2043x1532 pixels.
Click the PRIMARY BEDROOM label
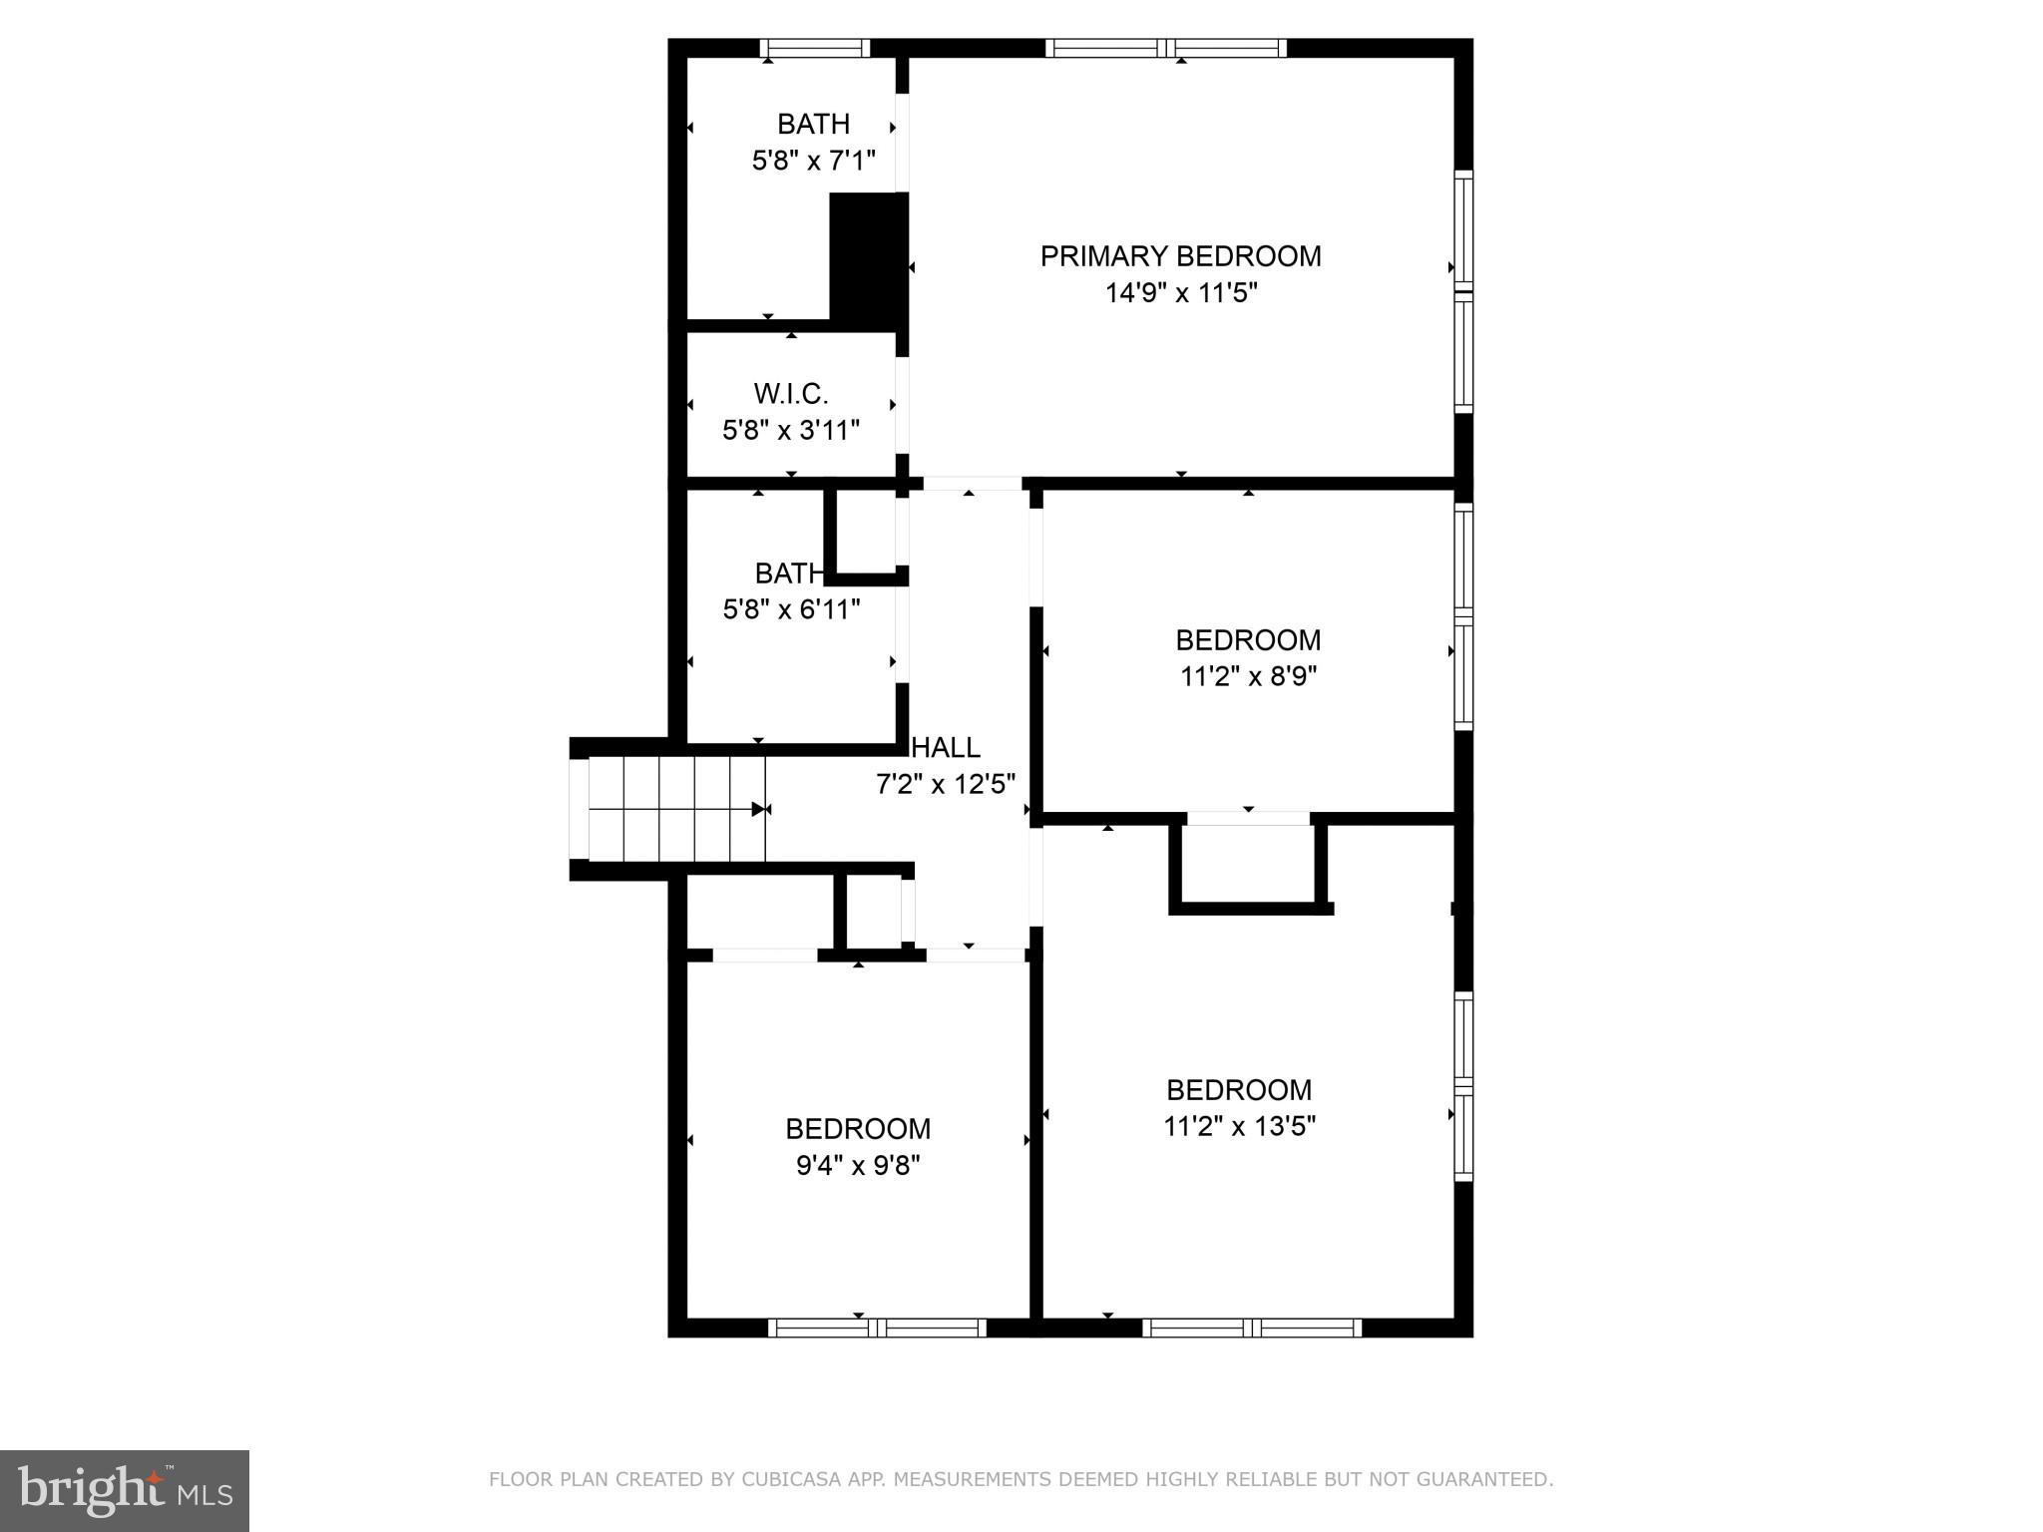(x=1180, y=256)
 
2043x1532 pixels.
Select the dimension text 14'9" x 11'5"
(x=1180, y=293)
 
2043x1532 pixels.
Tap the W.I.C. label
(x=791, y=393)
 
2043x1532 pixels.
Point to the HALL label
(x=946, y=747)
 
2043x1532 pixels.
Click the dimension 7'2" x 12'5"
(x=946, y=784)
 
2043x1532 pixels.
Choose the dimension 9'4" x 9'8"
(x=858, y=1165)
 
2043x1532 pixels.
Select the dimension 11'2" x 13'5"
(x=1239, y=1126)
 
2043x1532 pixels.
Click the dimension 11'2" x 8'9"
(x=1248, y=676)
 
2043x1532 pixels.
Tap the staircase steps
(x=676, y=809)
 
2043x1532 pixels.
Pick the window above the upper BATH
(x=815, y=48)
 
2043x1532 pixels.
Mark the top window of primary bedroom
(x=1166, y=48)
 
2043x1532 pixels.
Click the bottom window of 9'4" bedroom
(x=877, y=1328)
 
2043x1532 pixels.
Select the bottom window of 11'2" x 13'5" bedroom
(x=1252, y=1328)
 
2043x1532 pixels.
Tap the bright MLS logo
(x=125, y=1490)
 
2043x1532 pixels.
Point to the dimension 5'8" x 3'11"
(x=791, y=430)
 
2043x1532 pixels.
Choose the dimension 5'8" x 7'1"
(x=814, y=160)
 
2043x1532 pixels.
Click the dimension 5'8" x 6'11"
(x=791, y=608)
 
